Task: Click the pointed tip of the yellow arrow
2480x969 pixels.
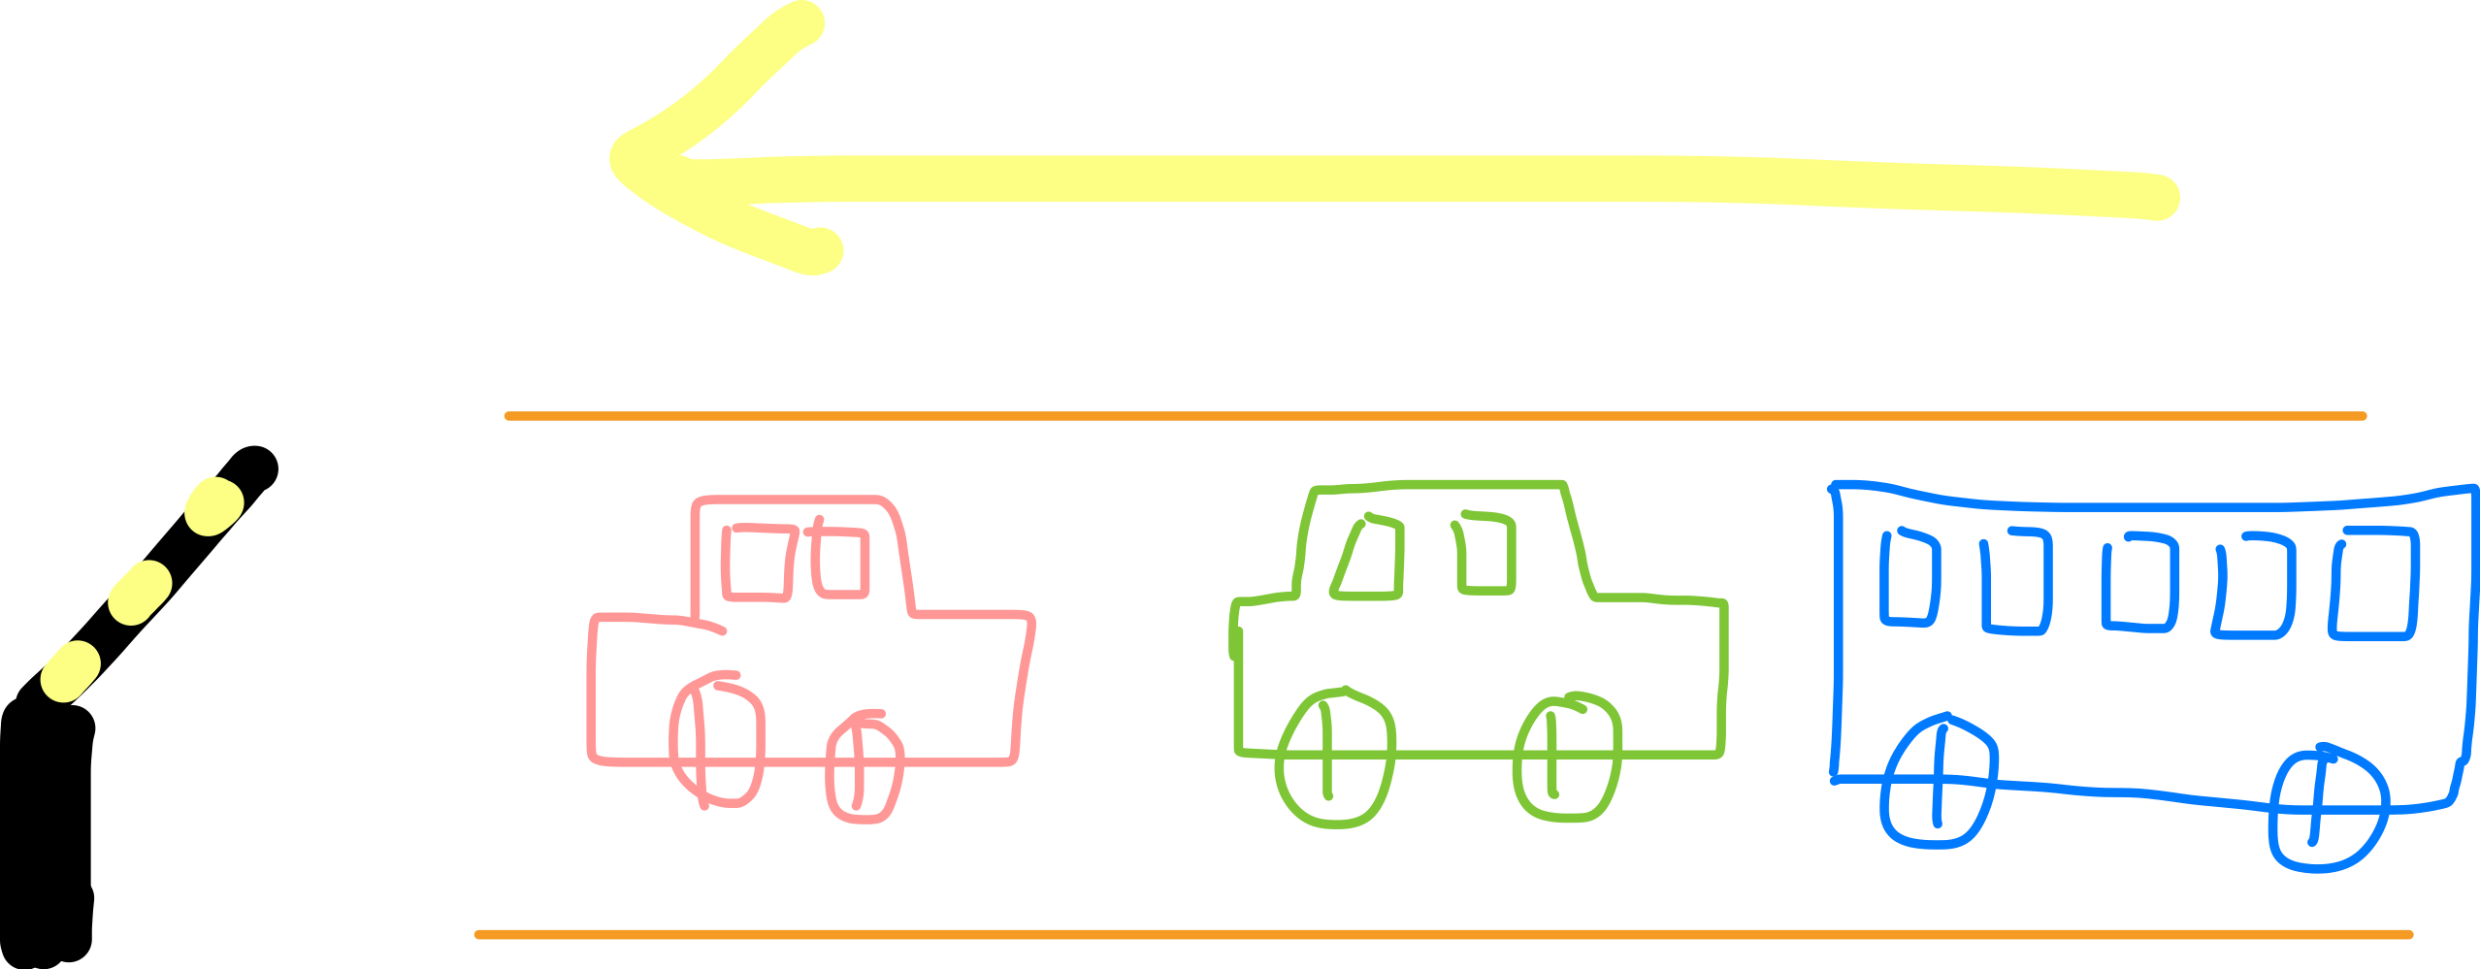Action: [621, 160]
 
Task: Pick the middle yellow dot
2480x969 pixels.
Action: [140, 592]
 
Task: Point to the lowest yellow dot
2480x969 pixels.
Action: [70, 671]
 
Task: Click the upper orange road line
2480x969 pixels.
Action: [1436, 416]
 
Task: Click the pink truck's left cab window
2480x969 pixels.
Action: [759, 563]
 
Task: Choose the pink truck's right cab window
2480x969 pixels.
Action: [841, 562]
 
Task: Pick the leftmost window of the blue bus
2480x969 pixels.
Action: [1909, 578]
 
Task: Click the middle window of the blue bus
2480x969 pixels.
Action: [2139, 582]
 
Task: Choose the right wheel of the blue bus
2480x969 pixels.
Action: [2327, 809]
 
